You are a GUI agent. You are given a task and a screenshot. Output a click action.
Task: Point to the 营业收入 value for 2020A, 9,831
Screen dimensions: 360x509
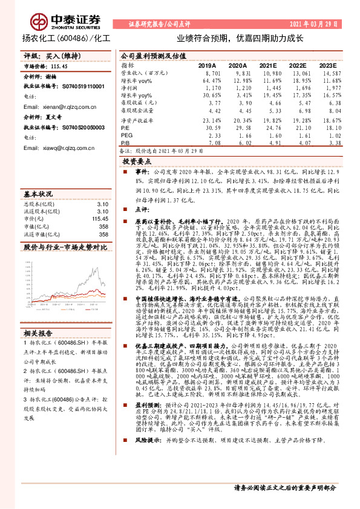(x=238, y=72)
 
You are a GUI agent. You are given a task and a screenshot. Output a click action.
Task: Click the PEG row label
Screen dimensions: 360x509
(x=126, y=136)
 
